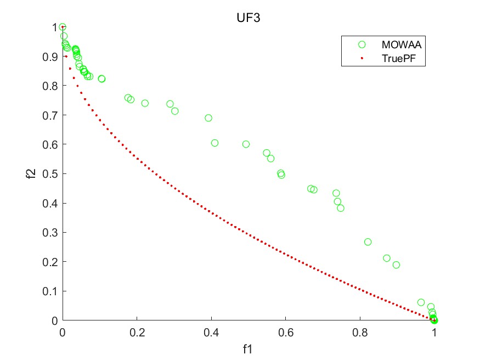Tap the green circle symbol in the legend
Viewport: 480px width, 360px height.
[362, 44]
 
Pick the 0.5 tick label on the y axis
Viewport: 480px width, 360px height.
[50, 174]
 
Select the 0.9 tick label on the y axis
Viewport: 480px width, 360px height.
[50, 57]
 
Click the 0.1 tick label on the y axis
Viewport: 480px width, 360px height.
[50, 291]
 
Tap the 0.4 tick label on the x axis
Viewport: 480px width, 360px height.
[211, 333]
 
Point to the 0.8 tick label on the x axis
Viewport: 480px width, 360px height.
[360, 333]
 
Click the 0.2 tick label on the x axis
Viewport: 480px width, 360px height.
[137, 333]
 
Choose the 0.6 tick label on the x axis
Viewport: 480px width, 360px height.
[286, 333]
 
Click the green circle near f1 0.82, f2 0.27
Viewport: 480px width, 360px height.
[368, 242]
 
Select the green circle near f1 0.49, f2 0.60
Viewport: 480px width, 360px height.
[246, 144]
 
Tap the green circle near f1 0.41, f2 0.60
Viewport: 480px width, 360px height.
[214, 143]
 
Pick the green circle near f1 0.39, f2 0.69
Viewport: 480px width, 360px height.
[208, 118]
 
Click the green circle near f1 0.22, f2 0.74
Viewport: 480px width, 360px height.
[145, 103]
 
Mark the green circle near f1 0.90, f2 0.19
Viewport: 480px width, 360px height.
[396, 265]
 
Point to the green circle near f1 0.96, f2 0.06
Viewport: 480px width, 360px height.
[421, 302]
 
